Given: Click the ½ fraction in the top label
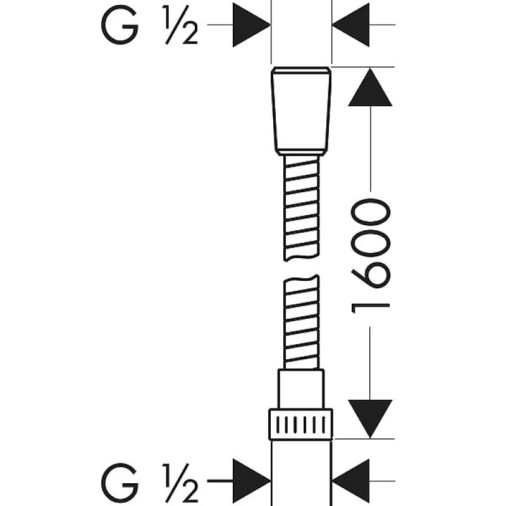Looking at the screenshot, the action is click(181, 25).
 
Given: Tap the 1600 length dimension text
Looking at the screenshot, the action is click(371, 256).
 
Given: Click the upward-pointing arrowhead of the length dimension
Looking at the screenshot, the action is click(370, 87).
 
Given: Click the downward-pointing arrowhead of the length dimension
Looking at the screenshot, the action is click(370, 419).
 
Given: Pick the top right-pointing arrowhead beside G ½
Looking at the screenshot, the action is click(251, 25).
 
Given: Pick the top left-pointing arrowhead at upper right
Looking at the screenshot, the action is click(351, 25).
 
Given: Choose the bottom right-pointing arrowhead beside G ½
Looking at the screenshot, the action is click(251, 481).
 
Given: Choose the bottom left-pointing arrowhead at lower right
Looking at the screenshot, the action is click(351, 481).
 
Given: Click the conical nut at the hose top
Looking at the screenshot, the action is click(301, 111).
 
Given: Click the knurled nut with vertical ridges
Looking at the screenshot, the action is click(301, 424).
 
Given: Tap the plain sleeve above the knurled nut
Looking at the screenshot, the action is click(301, 389).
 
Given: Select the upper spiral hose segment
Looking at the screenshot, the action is click(302, 208).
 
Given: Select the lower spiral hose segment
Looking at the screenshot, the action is click(302, 322).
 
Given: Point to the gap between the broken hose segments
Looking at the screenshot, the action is click(302, 268).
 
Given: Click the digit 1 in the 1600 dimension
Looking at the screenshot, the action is click(371, 309).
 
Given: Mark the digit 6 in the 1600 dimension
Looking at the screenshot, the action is click(371, 274).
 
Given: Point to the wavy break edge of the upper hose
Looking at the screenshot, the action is click(302, 258).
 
